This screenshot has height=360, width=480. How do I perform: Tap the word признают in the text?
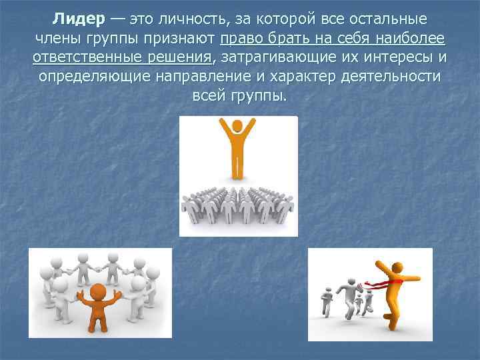click(177, 38)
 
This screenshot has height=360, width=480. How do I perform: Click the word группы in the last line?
click(259, 96)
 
